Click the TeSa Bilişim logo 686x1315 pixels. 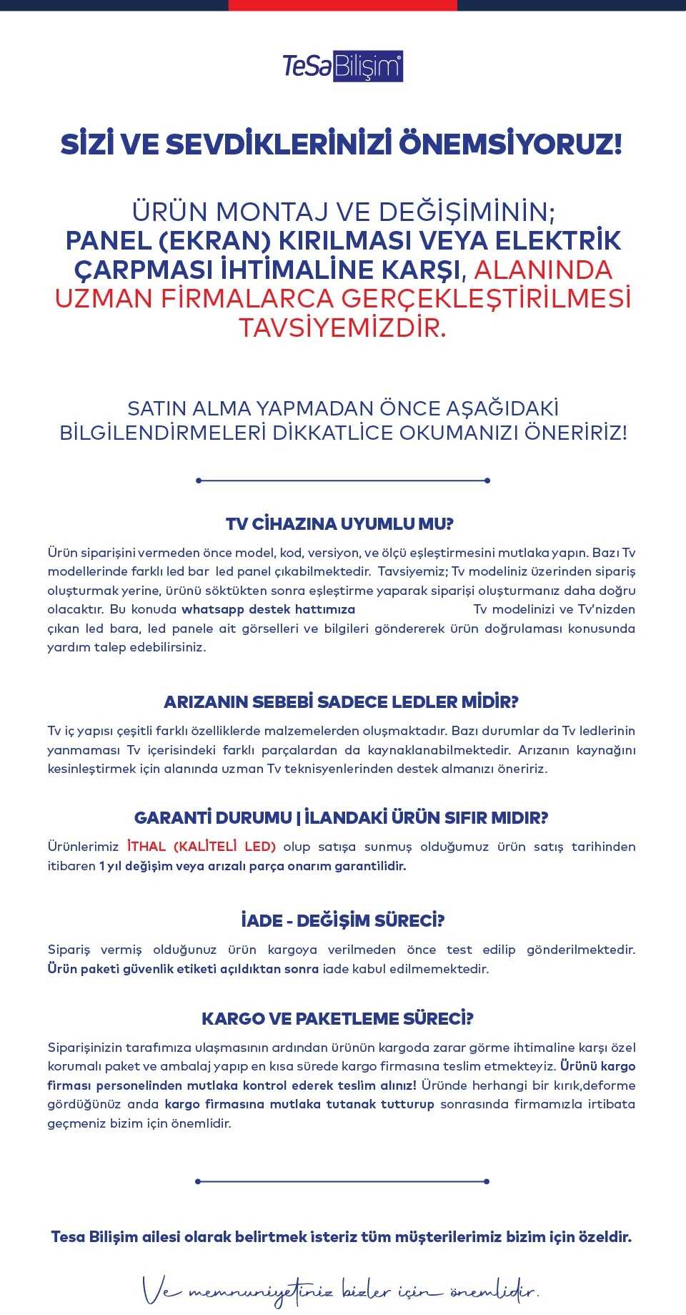pyautogui.click(x=343, y=67)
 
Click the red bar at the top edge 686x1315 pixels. pyautogui.click(x=343, y=5)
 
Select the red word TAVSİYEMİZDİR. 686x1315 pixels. pyautogui.click(x=342, y=328)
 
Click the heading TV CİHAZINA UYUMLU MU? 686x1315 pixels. pyautogui.click(x=339, y=524)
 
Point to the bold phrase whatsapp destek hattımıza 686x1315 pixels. pyautogui.click(x=268, y=610)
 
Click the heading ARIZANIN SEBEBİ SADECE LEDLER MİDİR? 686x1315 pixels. pyautogui.click(x=341, y=702)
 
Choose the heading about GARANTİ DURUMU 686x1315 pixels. pyautogui.click(x=341, y=818)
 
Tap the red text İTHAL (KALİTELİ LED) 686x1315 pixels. pyautogui.click(x=202, y=847)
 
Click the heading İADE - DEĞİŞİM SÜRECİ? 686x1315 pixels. pyautogui.click(x=342, y=921)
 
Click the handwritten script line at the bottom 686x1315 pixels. pyautogui.click(x=341, y=1291)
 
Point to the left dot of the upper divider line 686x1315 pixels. pyautogui.click(x=199, y=481)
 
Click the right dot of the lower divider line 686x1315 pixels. pyautogui.click(x=487, y=1181)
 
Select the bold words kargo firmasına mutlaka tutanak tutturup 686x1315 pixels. pyautogui.click(x=299, y=1105)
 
